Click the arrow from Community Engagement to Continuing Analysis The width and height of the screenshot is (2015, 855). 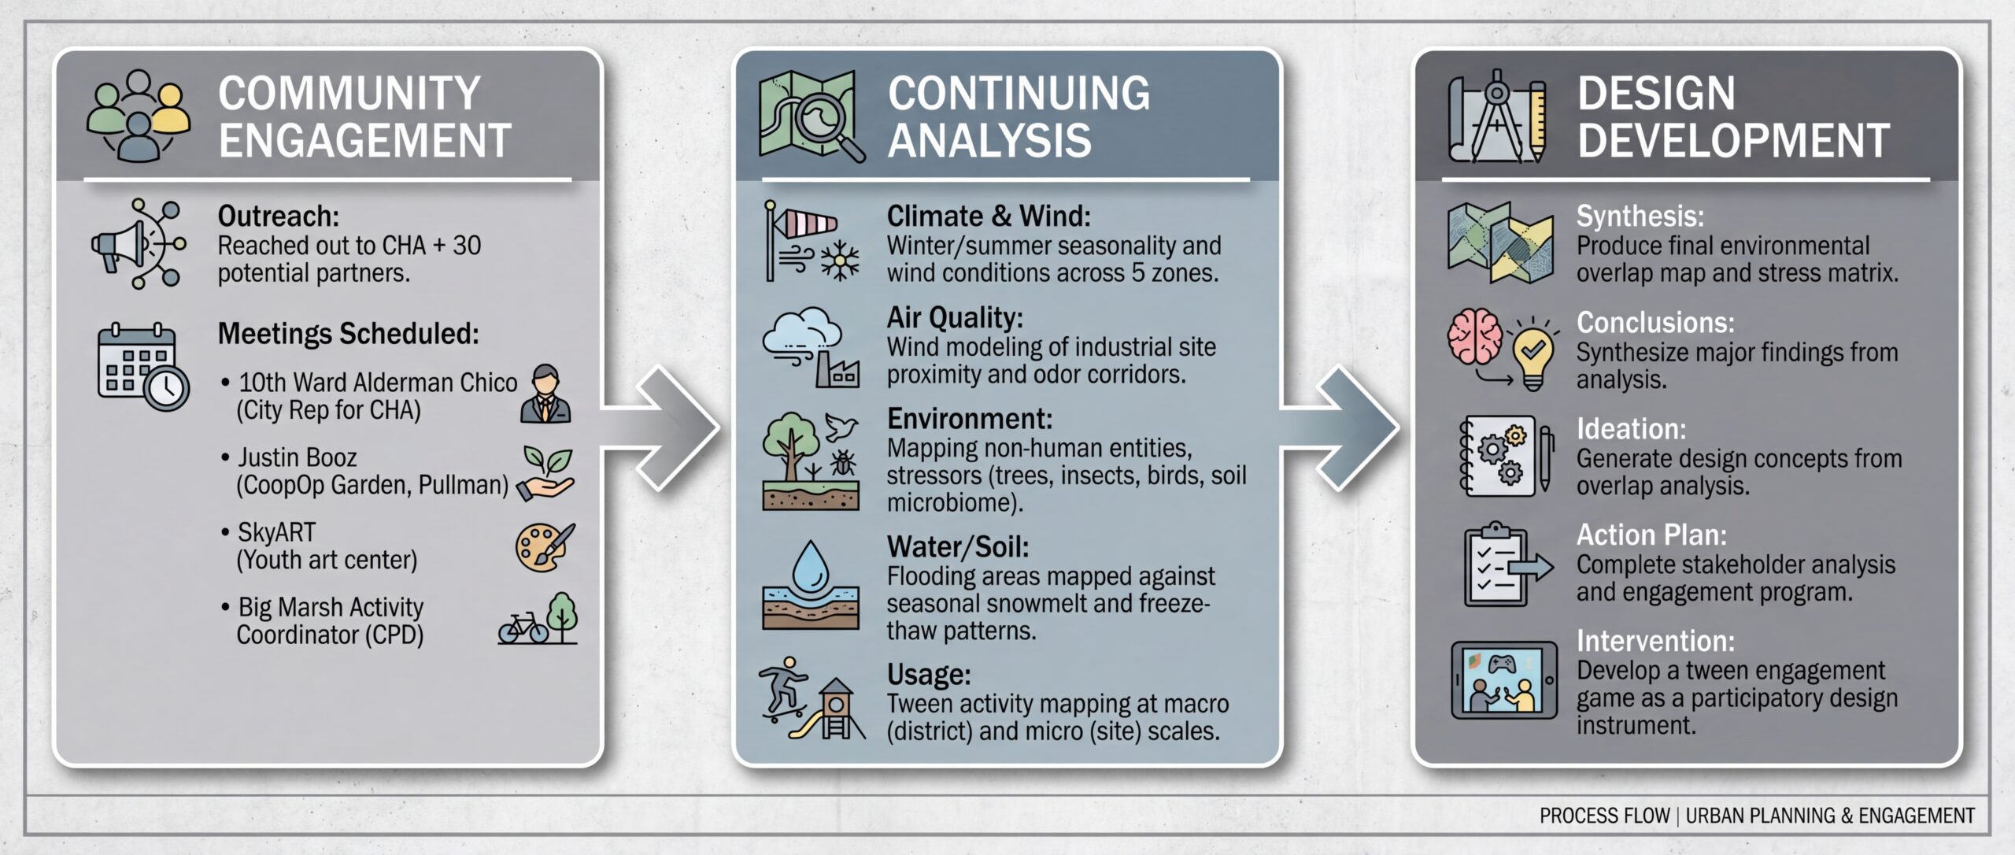pos(661,429)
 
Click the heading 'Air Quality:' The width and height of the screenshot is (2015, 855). pos(955,317)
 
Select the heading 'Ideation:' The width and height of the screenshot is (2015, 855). pos(1631,429)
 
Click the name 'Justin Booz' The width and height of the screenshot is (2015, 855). pos(298,457)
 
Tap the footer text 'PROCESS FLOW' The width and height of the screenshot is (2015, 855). pos(1604,816)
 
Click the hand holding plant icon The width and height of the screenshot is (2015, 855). pos(545,473)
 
